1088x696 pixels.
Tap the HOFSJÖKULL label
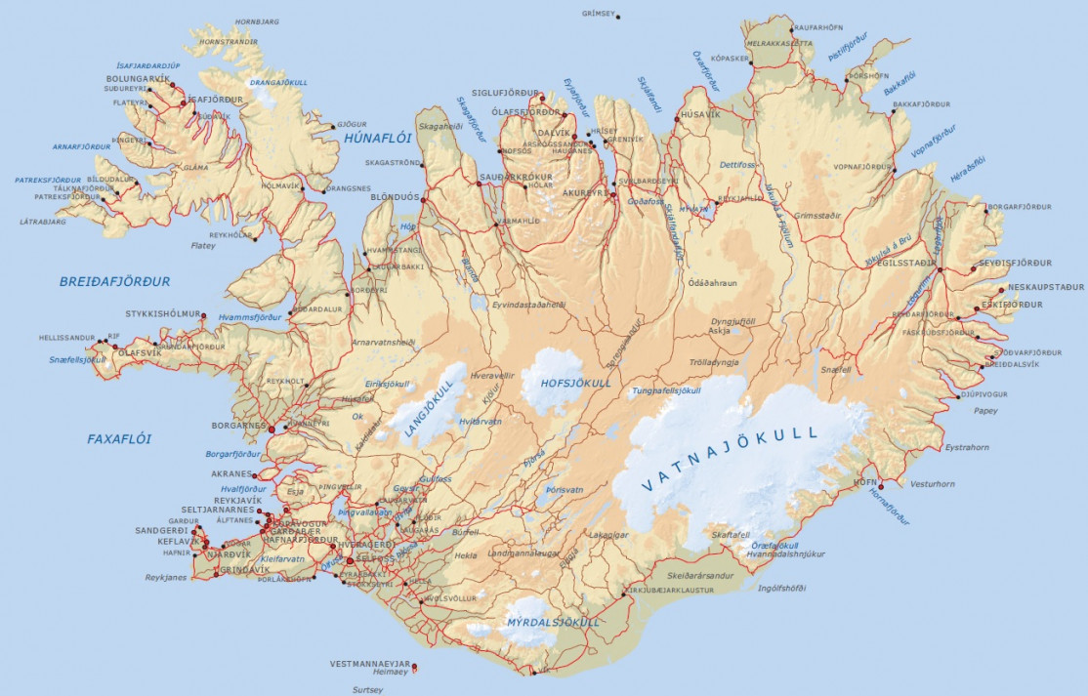[568, 384]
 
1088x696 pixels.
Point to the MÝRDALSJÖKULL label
[553, 622]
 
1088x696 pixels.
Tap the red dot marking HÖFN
[880, 486]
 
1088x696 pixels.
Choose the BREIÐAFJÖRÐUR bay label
[114, 281]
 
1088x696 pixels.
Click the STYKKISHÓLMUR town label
[162, 314]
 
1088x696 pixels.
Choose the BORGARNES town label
[238, 426]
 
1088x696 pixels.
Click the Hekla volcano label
[466, 554]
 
